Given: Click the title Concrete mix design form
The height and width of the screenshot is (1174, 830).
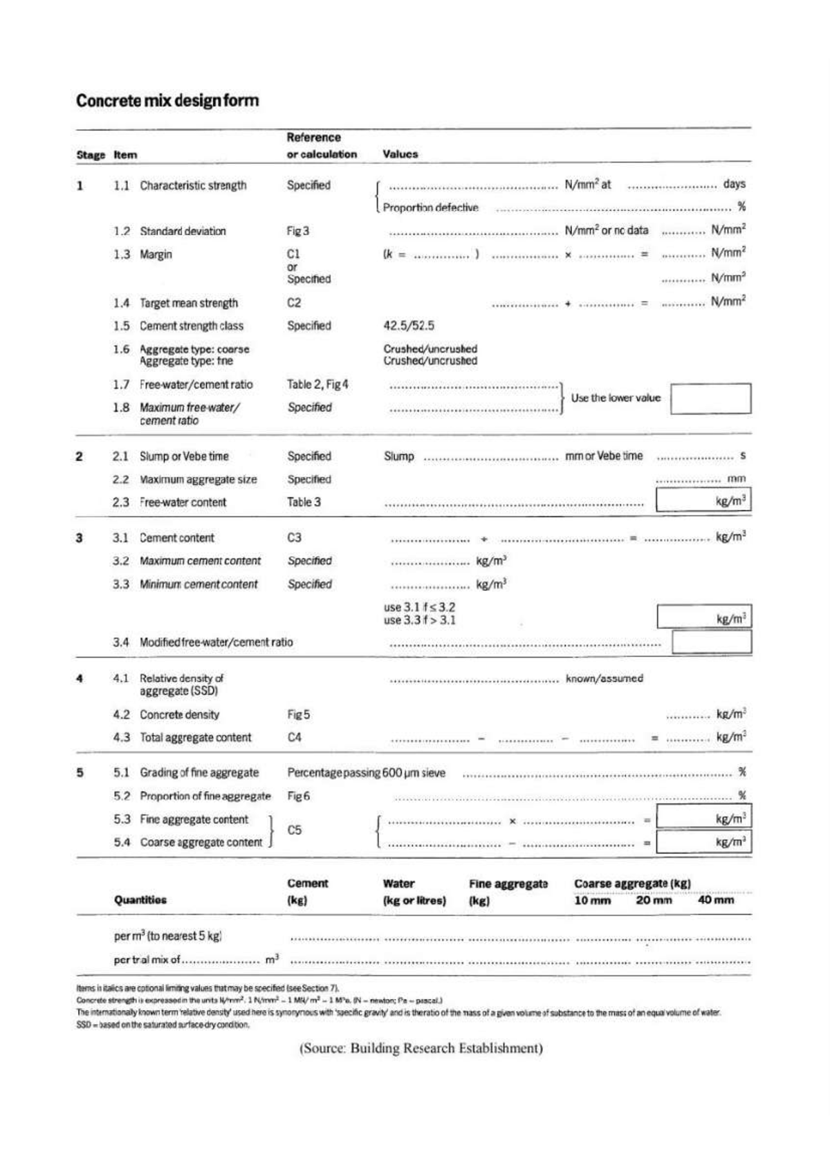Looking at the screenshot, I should [167, 100].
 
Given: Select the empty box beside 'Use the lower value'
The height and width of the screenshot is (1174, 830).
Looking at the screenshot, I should [710, 399].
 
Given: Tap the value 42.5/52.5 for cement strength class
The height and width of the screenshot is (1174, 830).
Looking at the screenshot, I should [409, 326].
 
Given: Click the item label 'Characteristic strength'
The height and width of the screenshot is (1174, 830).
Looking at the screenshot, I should [193, 185].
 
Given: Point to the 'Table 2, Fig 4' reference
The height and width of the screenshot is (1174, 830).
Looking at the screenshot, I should [317, 384].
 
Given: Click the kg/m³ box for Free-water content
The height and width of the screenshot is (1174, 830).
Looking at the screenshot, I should [703, 500].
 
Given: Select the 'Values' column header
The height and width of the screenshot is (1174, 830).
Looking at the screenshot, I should [400, 154].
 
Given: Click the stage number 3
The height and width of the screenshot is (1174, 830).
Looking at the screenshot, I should [80, 538].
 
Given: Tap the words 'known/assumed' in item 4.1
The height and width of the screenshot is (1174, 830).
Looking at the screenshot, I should [604, 678].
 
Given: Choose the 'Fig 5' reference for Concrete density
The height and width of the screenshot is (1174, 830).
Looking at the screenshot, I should [298, 714].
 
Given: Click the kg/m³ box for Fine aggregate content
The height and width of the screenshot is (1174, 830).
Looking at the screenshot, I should [703, 819].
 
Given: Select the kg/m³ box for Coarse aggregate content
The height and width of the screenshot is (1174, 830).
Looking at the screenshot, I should [703, 842].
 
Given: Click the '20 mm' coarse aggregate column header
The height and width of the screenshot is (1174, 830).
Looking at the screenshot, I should [653, 900].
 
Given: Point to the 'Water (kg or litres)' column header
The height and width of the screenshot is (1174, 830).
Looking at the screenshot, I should [414, 892].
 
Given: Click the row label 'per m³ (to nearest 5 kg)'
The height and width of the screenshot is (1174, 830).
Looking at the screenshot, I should [167, 936].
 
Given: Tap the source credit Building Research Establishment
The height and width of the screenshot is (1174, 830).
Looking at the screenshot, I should [421, 1048].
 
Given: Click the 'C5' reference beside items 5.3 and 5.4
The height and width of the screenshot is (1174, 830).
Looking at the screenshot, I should [294, 830].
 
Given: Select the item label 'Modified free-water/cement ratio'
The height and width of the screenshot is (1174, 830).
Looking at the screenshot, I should [216, 642].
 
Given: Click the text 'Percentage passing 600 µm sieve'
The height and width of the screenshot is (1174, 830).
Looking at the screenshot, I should [366, 772].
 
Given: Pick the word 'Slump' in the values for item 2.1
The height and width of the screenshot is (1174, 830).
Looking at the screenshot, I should [399, 456].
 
